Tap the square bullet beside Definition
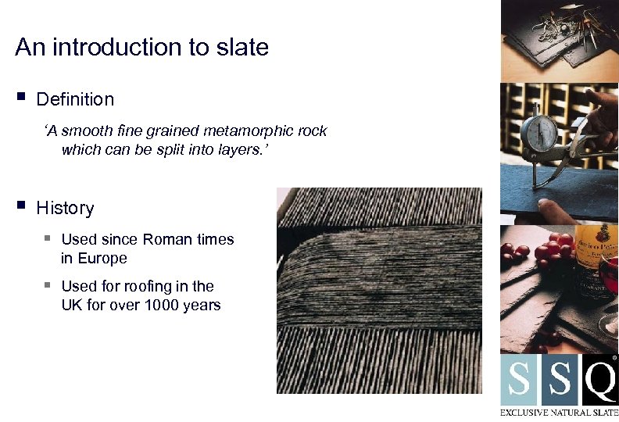[20, 98]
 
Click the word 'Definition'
[75, 99]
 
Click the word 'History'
[65, 208]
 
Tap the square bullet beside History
[20, 206]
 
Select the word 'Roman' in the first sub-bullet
[166, 239]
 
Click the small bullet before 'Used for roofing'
[48, 285]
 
